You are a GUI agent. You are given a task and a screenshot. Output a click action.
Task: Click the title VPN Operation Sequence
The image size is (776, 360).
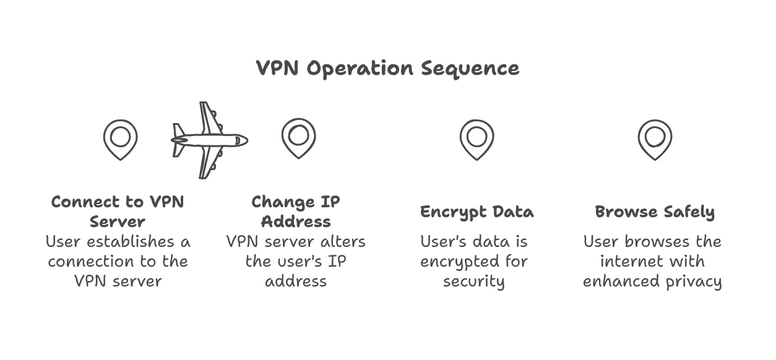[387, 68]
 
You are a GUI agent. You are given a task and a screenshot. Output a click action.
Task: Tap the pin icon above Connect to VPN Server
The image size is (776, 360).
[120, 139]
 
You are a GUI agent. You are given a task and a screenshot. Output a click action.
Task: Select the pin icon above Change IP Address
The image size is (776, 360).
[298, 137]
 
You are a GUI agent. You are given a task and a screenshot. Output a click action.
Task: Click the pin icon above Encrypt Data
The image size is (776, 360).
[476, 139]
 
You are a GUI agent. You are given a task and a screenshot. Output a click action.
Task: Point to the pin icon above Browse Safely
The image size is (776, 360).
[655, 139]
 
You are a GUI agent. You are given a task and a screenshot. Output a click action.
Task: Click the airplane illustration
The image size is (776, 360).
[209, 140]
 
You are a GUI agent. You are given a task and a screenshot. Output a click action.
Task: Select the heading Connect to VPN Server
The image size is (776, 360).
[118, 212]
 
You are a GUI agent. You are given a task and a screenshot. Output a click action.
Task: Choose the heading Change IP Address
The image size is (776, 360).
[296, 212]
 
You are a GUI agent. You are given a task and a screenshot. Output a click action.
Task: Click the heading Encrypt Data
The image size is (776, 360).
[476, 212]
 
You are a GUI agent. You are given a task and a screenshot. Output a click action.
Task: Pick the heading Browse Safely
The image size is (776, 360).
[655, 212]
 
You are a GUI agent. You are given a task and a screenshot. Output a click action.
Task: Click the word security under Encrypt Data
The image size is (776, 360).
[474, 282]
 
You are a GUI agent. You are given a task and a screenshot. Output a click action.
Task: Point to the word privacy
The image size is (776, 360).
[695, 282]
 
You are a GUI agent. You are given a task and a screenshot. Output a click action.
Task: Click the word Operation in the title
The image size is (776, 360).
[361, 69]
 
